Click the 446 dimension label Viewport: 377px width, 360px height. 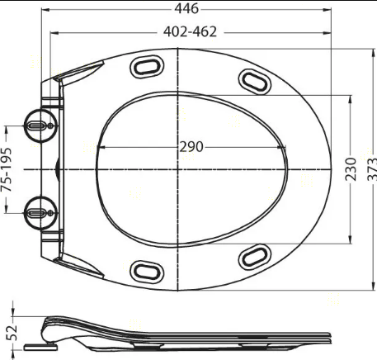pyautogui.click(x=186, y=8)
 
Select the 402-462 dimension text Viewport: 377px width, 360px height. pyautogui.click(x=190, y=31)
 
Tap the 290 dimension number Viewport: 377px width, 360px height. pyautogui.click(x=191, y=147)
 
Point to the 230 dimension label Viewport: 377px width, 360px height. pyautogui.click(x=351, y=169)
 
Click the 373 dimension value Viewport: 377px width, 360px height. pyautogui.click(x=372, y=169)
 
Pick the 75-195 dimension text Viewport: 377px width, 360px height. pyautogui.click(x=6, y=169)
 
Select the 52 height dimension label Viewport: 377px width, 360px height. pyautogui.click(x=12, y=333)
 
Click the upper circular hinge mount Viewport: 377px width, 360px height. pyautogui.click(x=41, y=126)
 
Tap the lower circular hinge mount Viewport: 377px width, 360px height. pyautogui.click(x=41, y=213)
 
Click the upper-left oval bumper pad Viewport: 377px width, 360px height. pyautogui.click(x=147, y=66)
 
